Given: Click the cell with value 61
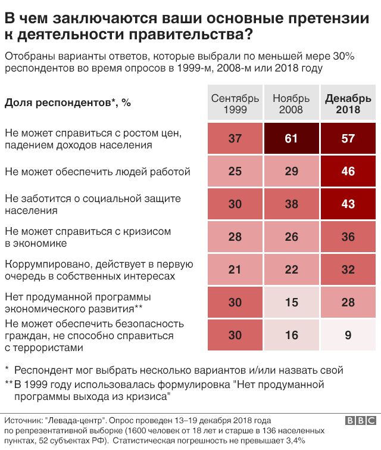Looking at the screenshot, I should tap(291, 139).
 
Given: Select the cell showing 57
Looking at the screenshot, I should tap(348, 139).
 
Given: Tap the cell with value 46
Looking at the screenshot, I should tap(348, 172).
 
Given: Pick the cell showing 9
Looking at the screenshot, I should tap(348, 335).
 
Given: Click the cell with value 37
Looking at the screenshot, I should tap(235, 139).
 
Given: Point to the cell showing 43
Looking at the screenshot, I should tap(348, 204).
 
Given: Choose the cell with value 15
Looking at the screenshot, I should tap(291, 303).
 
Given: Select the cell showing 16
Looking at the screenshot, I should tap(291, 335).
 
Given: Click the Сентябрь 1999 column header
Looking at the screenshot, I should tap(235, 104).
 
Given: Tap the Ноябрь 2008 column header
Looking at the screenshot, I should tap(291, 104).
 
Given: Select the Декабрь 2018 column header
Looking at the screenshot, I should tap(348, 104).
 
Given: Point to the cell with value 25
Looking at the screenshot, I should tap(235, 172).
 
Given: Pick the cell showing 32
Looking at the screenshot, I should tap(348, 270).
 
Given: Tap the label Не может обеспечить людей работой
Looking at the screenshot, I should tap(97, 172).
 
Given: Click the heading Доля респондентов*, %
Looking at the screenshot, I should tap(67, 103).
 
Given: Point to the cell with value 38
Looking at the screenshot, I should tap(291, 204).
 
